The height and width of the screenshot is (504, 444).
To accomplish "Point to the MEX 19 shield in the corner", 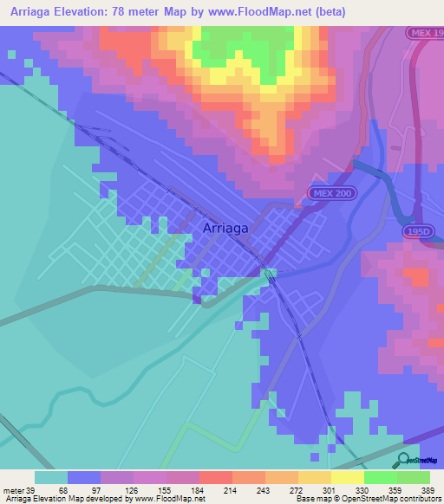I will pos(426,32).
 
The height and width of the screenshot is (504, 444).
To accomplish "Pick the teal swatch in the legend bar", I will pos(51,477).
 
